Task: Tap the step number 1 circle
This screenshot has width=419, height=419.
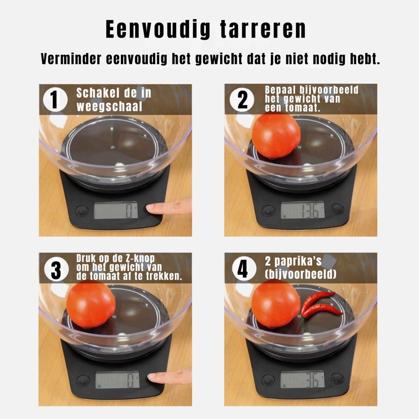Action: pyautogui.click(x=55, y=100)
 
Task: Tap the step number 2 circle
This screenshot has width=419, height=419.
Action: pyautogui.click(x=242, y=100)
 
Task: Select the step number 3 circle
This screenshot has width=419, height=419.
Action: pyautogui.click(x=56, y=269)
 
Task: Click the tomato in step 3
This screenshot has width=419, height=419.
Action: pyautogui.click(x=91, y=304)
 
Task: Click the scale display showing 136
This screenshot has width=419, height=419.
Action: pyautogui.click(x=303, y=210)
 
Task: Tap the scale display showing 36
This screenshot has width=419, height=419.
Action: pyautogui.click(x=302, y=380)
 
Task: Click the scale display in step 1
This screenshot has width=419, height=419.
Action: pyautogui.click(x=116, y=210)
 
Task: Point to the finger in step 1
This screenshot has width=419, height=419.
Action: pyautogui.click(x=169, y=206)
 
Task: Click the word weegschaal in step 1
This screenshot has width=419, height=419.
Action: pyautogui.click(x=109, y=106)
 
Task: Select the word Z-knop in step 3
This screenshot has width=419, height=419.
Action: pyautogui.click(x=140, y=258)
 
